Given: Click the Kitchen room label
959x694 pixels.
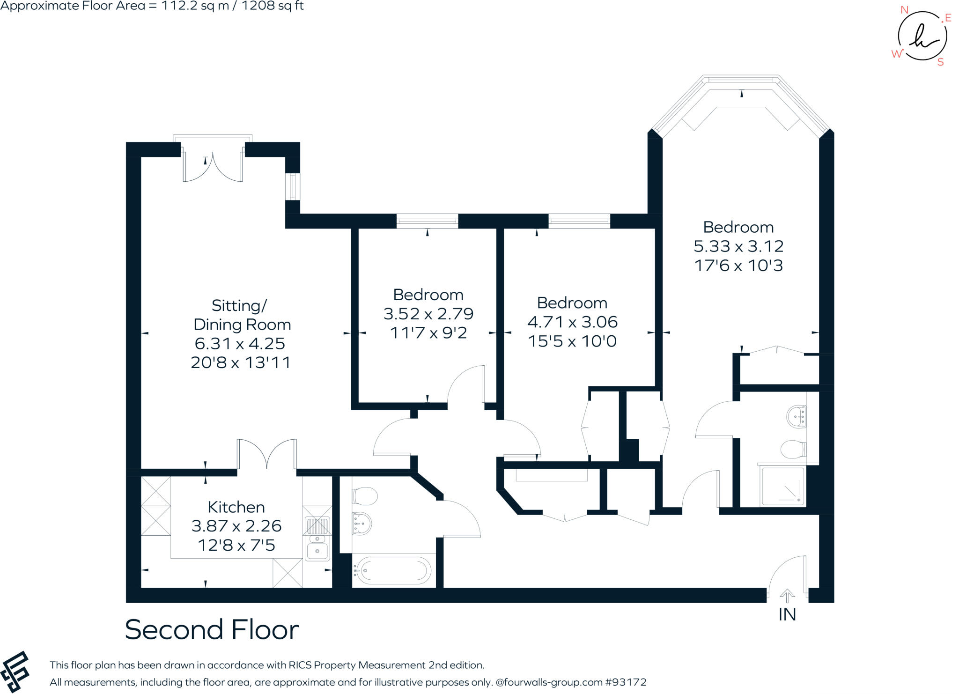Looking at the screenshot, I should tap(236, 507).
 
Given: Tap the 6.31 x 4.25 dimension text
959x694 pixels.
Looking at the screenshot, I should tap(240, 343).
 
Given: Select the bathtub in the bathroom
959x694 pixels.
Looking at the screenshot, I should tap(392, 570).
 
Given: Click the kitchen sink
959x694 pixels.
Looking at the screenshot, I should tap(317, 538).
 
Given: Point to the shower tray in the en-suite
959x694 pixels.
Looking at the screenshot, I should tap(783, 486).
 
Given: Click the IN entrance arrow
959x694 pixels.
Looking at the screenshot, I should tap(787, 597).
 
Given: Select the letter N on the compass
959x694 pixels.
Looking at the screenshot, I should tap(904, 10).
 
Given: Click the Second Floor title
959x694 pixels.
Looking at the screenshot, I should tap(212, 629).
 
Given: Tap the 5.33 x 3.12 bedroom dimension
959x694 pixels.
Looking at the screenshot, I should tap(738, 246).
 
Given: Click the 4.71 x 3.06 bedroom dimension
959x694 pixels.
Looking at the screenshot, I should tap(572, 322).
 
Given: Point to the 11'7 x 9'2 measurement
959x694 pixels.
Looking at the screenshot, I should tap(428, 333).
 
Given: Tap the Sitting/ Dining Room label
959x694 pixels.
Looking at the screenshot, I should tap(242, 315).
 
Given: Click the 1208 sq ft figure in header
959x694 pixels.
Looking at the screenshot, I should tap(273, 6).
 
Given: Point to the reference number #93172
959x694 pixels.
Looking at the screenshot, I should tap(626, 682).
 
